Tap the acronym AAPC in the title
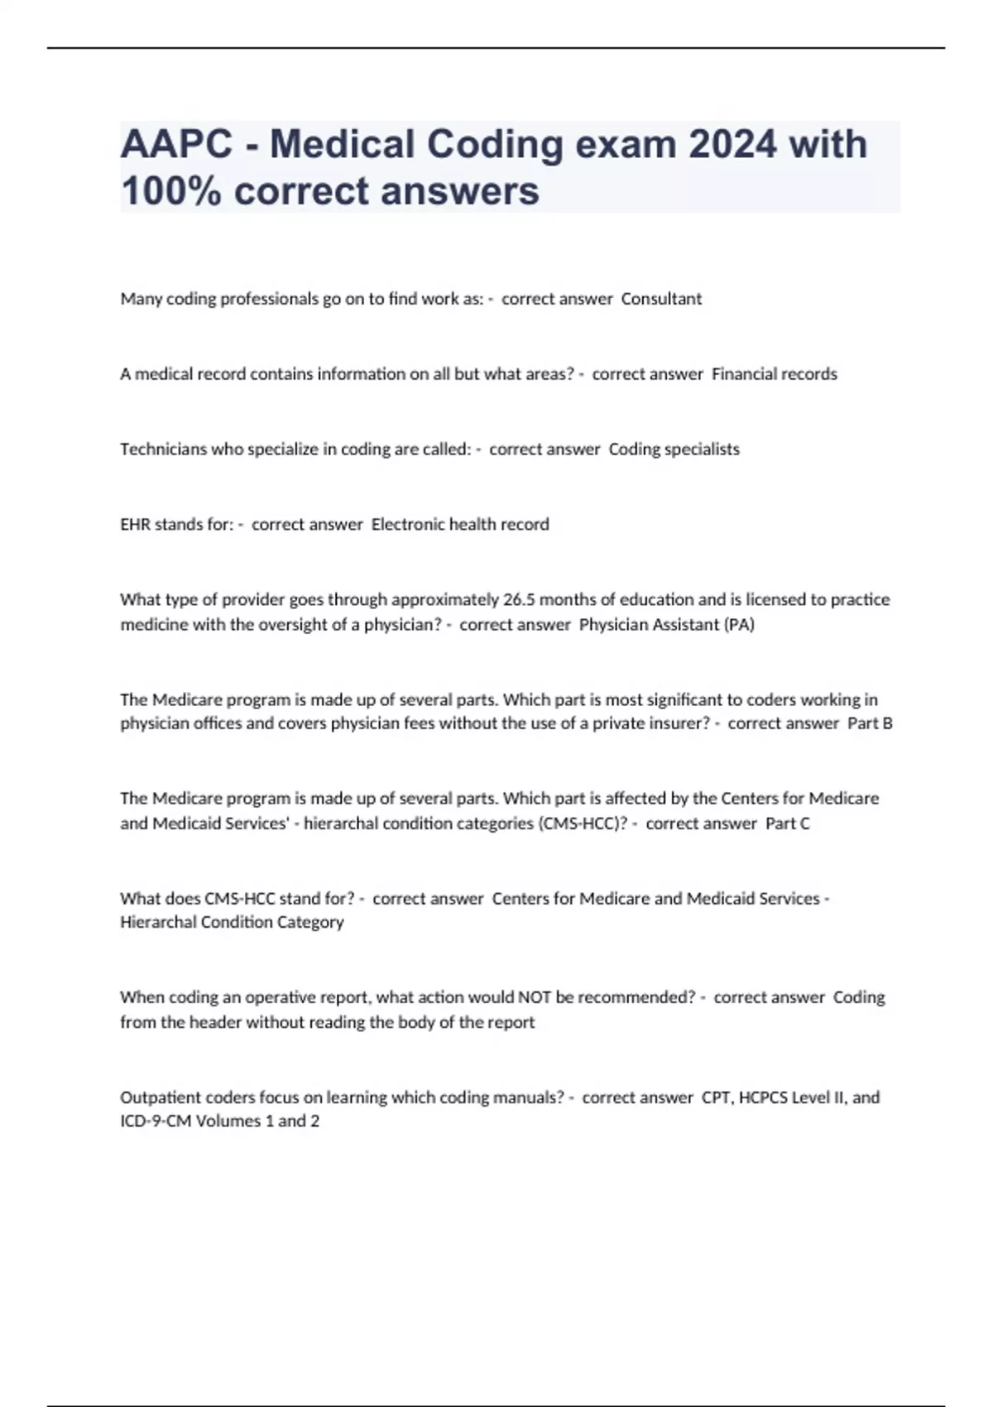coord(176,145)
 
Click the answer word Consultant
coord(661,299)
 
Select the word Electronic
coord(407,525)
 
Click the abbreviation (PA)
coord(739,625)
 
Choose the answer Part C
coord(788,824)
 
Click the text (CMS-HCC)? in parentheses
coord(583,824)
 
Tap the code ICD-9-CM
coord(156,1121)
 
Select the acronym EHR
coord(135,525)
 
